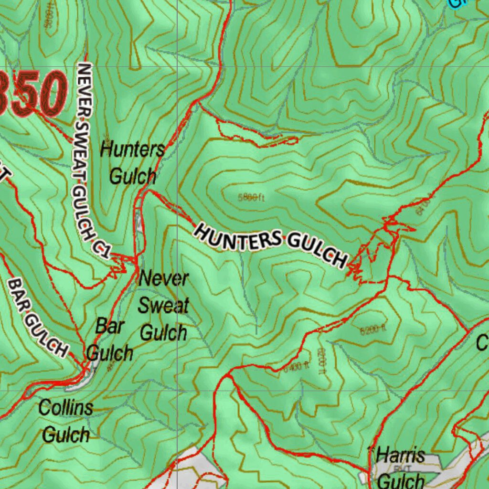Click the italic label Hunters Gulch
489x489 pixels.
[132, 163]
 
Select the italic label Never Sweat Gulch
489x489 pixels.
[163, 306]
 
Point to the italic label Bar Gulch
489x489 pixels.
[109, 340]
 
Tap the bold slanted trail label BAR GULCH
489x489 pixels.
[37, 318]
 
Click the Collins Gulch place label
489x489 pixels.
[65, 421]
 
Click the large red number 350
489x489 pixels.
[31, 93]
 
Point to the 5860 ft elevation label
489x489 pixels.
[251, 197]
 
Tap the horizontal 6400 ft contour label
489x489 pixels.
[297, 367]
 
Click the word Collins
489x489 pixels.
[65, 408]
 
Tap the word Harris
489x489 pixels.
[400, 455]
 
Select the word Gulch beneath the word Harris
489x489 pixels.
[400, 480]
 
